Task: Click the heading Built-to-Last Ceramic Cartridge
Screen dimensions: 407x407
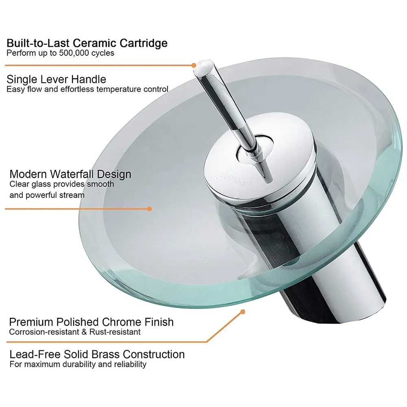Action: [87, 43]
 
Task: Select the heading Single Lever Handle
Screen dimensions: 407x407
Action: [56, 79]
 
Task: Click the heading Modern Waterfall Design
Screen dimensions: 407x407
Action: [70, 174]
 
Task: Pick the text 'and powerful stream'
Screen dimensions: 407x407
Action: [47, 195]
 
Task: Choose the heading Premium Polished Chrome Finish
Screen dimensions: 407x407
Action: [91, 322]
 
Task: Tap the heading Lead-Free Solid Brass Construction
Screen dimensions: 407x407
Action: [97, 354]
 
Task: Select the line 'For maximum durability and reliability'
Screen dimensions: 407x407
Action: [78, 364]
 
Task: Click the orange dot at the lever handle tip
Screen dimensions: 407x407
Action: [194, 65]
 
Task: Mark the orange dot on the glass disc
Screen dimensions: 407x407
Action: [149, 208]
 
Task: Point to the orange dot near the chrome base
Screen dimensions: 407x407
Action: [243, 312]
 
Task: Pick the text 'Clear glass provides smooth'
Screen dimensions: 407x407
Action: [62, 184]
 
